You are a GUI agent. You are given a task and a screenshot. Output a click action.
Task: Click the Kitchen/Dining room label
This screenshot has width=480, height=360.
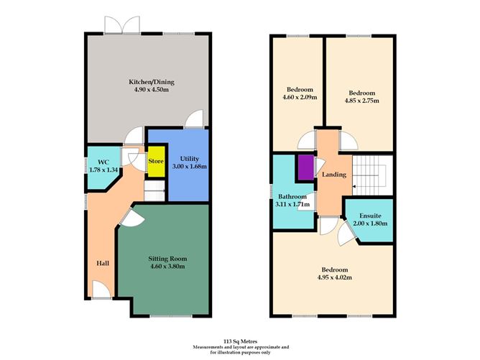pos(151,82)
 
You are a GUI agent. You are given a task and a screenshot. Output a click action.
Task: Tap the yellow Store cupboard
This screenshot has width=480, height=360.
pos(156,161)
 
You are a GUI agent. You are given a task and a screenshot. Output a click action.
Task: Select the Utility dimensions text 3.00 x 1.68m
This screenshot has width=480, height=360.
pos(190,167)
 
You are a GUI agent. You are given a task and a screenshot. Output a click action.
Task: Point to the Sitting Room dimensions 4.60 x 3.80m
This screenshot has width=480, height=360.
pos(167,267)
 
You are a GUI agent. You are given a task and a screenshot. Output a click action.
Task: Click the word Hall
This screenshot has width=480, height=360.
pos(102,263)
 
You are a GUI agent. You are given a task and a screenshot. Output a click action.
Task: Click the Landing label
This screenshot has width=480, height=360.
pos(334,175)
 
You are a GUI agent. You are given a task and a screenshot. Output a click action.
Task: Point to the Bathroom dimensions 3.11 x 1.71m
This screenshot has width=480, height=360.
pos(293,205)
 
